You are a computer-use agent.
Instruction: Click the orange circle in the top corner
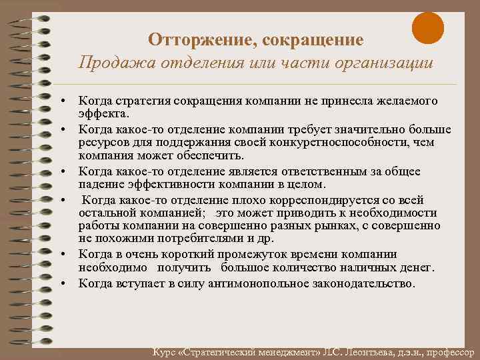[427, 29]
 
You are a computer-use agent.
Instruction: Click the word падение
[99, 184]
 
